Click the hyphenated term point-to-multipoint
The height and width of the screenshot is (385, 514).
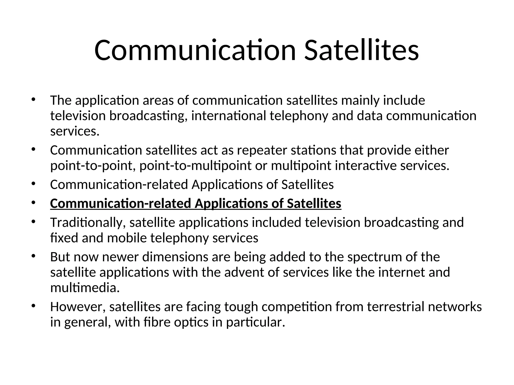195,166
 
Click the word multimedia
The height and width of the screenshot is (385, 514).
85,288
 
